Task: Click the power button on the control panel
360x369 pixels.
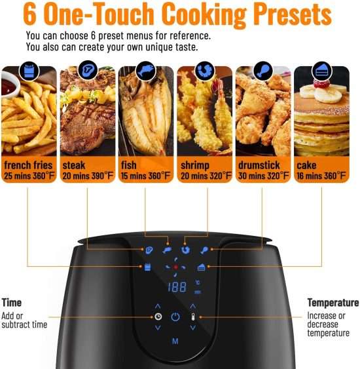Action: coord(175,317)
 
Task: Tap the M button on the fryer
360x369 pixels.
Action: coord(175,341)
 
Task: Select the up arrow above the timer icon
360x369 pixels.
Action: coord(158,306)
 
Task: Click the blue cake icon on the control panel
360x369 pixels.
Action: coord(202,267)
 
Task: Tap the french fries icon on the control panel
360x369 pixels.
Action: coord(147,267)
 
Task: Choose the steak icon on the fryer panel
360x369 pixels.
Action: coord(149,250)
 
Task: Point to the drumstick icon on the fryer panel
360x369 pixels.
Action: coord(204,250)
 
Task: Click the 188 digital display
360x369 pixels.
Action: coord(177,287)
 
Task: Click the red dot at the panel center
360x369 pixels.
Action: coord(175,267)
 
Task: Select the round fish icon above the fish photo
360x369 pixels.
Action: coord(146,70)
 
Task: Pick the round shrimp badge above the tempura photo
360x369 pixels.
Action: coord(205,70)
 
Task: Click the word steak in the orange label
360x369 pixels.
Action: coord(73,165)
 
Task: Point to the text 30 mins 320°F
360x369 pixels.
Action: coord(263,176)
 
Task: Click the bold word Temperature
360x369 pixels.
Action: coord(333,303)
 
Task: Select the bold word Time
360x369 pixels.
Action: coord(12,303)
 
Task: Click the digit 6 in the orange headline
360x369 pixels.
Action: coord(30,14)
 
